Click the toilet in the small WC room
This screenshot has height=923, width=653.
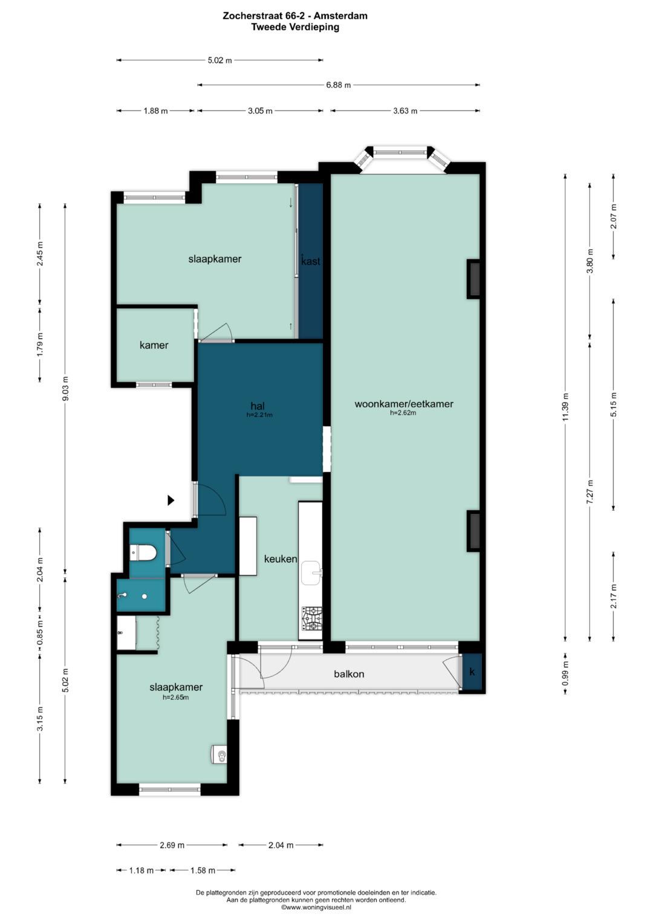[143, 552]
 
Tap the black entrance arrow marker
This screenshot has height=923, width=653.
[171, 500]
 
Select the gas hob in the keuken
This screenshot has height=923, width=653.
[312, 618]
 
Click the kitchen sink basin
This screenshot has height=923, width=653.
[311, 573]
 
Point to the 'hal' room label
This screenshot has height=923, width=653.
[258, 406]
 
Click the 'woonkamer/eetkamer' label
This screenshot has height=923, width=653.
[404, 404]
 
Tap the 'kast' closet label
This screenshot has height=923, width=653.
[311, 261]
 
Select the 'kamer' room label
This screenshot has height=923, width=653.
[154, 345]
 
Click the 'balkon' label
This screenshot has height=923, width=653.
[349, 674]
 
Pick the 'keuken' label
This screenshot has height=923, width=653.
[281, 559]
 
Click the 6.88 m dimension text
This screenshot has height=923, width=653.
[339, 85]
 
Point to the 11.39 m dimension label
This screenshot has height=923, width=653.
[565, 407]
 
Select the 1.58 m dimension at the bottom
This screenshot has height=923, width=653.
[203, 870]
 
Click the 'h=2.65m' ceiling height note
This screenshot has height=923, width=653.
[176, 698]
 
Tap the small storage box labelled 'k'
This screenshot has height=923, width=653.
[472, 672]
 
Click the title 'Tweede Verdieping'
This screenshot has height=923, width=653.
[295, 27]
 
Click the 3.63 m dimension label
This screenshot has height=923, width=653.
[405, 111]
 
